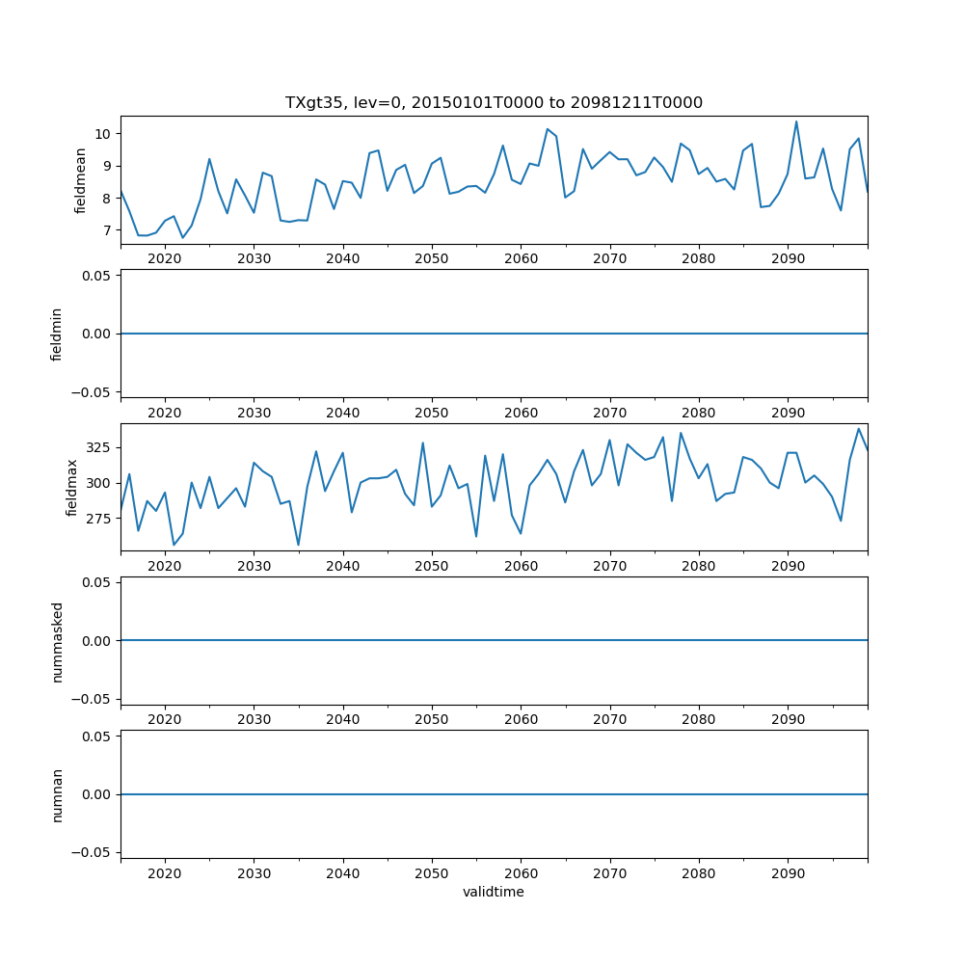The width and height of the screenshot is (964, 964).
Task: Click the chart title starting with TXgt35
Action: (x=494, y=102)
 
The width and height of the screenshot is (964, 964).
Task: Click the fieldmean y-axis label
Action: (x=81, y=180)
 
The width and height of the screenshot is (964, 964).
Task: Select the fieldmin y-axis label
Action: (x=57, y=334)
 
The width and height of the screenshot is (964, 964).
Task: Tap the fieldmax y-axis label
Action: (x=72, y=487)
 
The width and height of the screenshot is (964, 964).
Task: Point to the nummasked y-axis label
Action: (x=57, y=641)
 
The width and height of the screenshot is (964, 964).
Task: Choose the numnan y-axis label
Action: (x=57, y=794)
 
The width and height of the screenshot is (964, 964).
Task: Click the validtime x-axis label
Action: (x=494, y=893)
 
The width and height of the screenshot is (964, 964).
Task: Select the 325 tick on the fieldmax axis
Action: (x=100, y=448)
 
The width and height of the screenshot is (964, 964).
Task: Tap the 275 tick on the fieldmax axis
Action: (x=100, y=519)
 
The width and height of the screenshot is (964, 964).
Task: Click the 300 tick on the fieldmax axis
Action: (x=100, y=483)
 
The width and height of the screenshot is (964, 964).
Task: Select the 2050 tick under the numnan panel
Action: (x=432, y=874)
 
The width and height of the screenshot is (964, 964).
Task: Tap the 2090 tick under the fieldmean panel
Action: (x=788, y=259)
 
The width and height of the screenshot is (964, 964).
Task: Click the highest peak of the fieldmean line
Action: (x=796, y=121)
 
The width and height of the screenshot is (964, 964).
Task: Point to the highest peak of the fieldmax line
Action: (x=859, y=429)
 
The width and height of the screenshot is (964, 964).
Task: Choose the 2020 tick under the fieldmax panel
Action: (x=165, y=567)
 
